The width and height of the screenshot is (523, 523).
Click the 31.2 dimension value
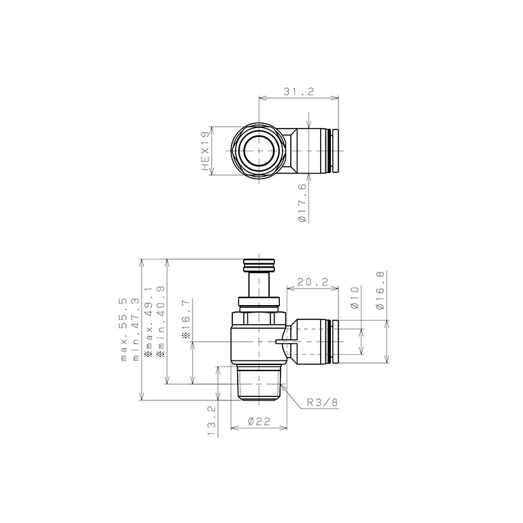pyautogui.click(x=298, y=91)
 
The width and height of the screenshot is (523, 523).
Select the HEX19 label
pyautogui.click(x=204, y=151)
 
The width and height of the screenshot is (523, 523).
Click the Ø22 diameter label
pyautogui.click(x=259, y=422)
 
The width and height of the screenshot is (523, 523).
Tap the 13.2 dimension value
pyautogui.click(x=211, y=421)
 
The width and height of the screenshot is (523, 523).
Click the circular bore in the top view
pyautogui.click(x=259, y=150)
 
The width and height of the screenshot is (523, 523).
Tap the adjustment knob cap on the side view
pyautogui.click(x=259, y=264)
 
